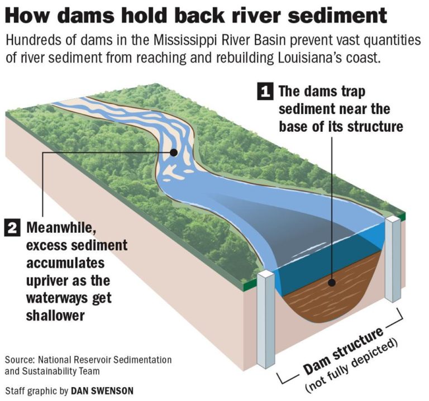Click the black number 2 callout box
pos(12,228)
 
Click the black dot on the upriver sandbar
pos(174,152)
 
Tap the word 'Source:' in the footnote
pos(20,359)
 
